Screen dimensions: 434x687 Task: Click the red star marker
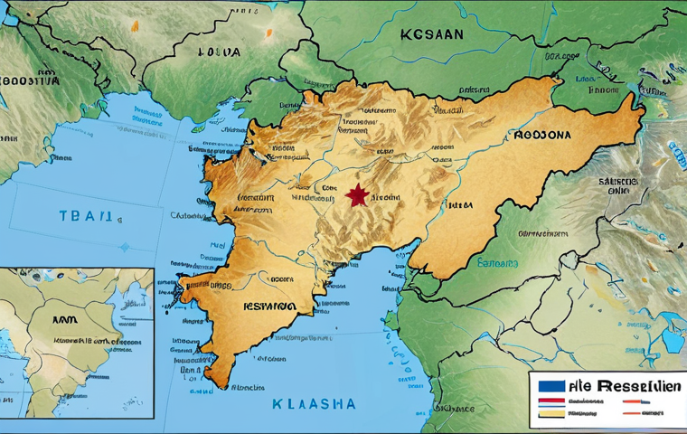click(355, 194)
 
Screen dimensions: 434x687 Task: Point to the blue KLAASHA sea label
click(314, 403)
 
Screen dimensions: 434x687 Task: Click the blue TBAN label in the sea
click(85, 216)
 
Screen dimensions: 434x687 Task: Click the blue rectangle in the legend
click(551, 387)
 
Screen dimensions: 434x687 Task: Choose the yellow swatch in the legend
click(551, 412)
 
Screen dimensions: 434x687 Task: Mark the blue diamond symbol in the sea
click(123, 246)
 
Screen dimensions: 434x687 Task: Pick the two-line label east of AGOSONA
click(618, 186)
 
